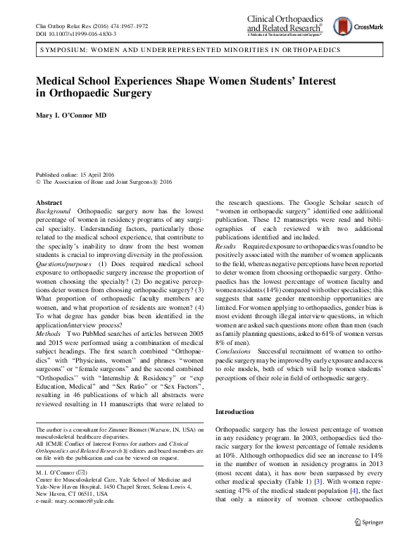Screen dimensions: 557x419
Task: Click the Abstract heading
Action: [x=48, y=202]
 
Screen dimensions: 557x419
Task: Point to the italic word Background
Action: [x=53, y=211]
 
